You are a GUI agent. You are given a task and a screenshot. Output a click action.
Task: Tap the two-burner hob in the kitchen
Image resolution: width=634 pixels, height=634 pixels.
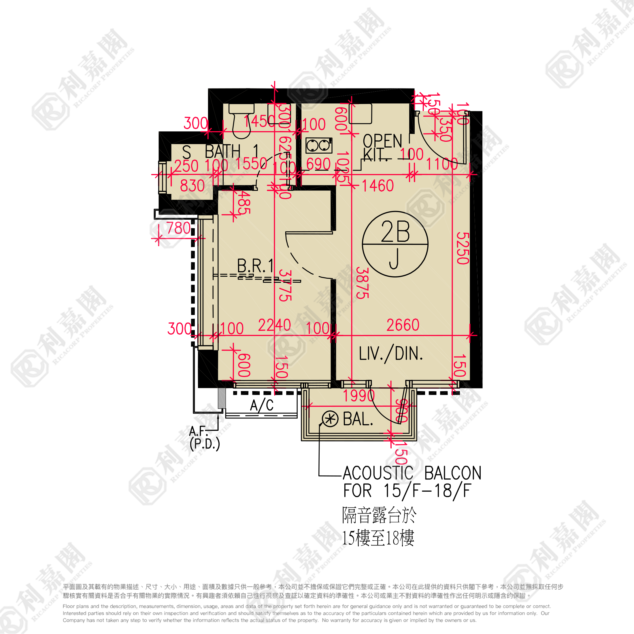pos(319,145)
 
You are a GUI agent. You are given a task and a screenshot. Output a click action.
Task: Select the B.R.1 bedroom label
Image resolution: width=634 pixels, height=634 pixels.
pos(255,266)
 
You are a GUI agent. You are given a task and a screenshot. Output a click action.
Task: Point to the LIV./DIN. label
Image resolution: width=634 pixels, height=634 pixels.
pos(390,354)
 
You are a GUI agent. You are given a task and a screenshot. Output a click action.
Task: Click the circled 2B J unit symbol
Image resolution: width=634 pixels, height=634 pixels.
pos(395,244)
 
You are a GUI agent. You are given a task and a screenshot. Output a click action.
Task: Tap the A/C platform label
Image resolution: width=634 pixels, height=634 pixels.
pos(262,405)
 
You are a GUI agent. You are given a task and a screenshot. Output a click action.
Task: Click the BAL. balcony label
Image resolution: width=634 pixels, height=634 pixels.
pos(358,419)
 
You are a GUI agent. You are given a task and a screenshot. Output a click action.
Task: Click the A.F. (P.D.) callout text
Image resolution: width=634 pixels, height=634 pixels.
pos(204,438)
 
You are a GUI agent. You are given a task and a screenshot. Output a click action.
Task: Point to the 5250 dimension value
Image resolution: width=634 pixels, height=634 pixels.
pos(463,248)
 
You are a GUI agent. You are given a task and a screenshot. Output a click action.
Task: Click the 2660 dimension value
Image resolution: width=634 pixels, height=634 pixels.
pos(403,325)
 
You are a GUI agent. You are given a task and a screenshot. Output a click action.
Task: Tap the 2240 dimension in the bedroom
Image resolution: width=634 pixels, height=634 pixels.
pos(274,325)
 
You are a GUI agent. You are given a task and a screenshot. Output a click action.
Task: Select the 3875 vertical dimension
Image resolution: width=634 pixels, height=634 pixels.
pos(362,283)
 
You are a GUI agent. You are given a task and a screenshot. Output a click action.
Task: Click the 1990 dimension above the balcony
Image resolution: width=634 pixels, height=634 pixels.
pos(359,396)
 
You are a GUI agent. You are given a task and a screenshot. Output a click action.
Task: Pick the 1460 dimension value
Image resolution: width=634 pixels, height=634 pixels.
pos(378,186)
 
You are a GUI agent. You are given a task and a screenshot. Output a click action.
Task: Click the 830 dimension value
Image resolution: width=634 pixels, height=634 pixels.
pos(192,186)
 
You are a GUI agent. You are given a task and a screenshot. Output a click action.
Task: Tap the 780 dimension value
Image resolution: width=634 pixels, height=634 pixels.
pos(178,228)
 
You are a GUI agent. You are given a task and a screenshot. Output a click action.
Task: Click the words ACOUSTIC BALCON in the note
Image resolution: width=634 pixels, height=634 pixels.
pos(412,473)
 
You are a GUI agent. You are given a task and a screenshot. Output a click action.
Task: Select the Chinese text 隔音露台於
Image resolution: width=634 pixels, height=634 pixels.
pos(379,515)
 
